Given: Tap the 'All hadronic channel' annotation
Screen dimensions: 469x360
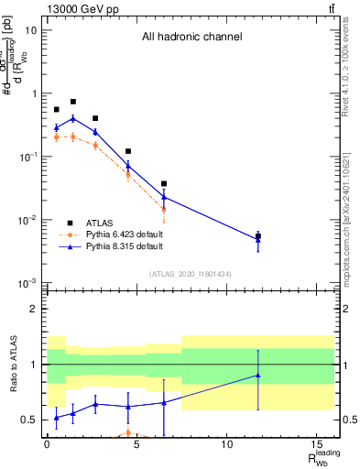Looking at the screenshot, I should [x=191, y=38].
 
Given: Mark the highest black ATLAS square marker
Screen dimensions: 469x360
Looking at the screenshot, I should [x=73, y=102].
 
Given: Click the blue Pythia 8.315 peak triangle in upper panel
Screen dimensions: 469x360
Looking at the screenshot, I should [x=73, y=118].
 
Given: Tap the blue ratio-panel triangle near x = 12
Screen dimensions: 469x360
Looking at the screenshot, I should [x=258, y=375].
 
